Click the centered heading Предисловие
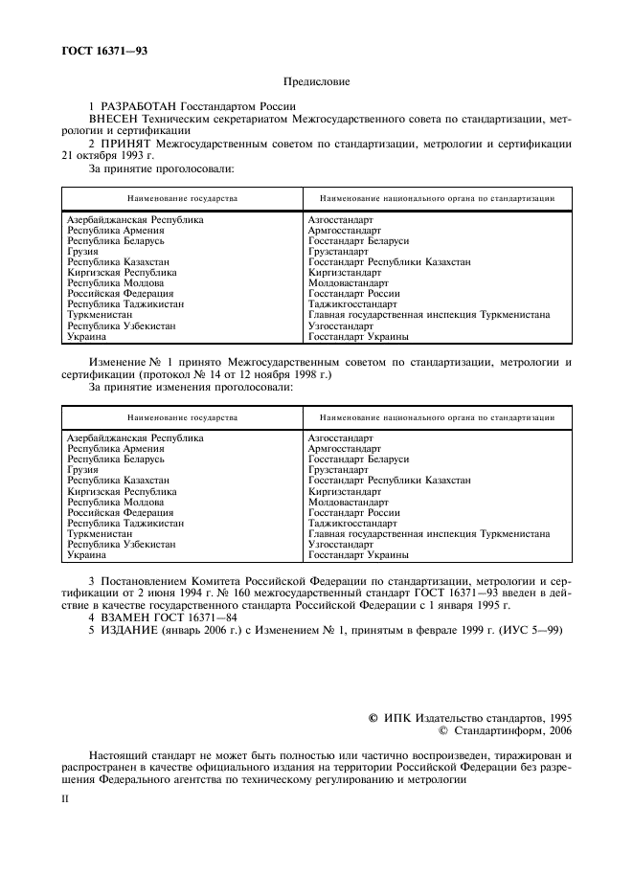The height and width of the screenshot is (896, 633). (x=316, y=83)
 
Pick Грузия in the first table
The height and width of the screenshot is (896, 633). (x=82, y=252)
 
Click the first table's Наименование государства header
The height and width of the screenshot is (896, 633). (x=182, y=198)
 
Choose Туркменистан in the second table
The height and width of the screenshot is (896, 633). (x=100, y=534)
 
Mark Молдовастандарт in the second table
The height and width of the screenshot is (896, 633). (x=348, y=502)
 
